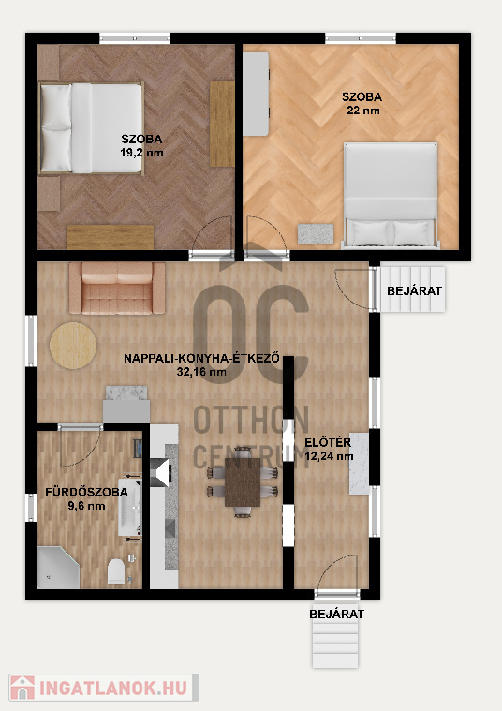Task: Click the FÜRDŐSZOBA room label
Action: (86, 492)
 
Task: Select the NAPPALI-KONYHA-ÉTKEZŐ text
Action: (201, 358)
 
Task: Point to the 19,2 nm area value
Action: (141, 153)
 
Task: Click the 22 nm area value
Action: (362, 111)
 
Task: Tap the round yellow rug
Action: (73, 345)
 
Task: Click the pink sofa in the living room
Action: (117, 288)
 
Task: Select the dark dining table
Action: (243, 482)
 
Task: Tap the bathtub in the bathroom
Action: (130, 507)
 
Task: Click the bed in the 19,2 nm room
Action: (91, 128)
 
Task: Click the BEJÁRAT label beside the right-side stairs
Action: (414, 290)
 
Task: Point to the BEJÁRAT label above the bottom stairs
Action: (336, 614)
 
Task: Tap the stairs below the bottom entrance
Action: (335, 644)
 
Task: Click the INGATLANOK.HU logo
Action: (104, 688)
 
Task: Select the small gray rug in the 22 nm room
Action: (316, 234)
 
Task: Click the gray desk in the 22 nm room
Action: (256, 94)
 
